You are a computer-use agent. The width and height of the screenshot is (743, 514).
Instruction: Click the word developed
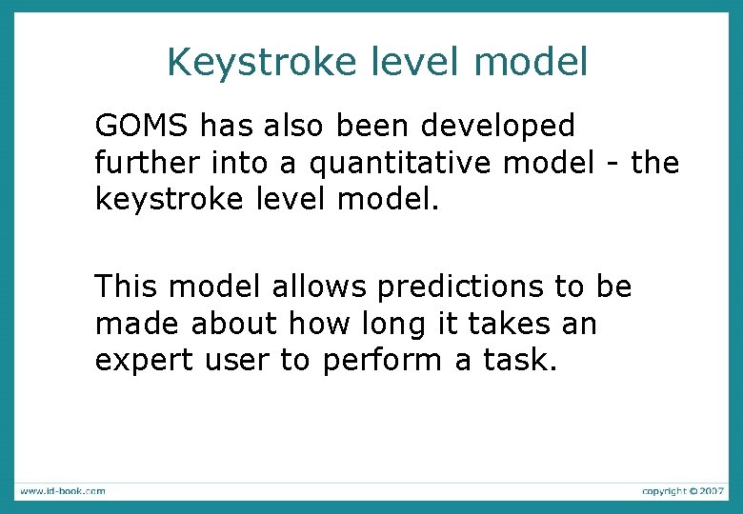(496, 126)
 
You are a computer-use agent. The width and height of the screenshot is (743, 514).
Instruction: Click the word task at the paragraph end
(523, 361)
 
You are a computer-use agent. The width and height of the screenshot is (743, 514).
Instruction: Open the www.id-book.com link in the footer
(62, 491)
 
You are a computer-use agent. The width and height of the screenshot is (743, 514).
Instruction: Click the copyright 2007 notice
(683, 491)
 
